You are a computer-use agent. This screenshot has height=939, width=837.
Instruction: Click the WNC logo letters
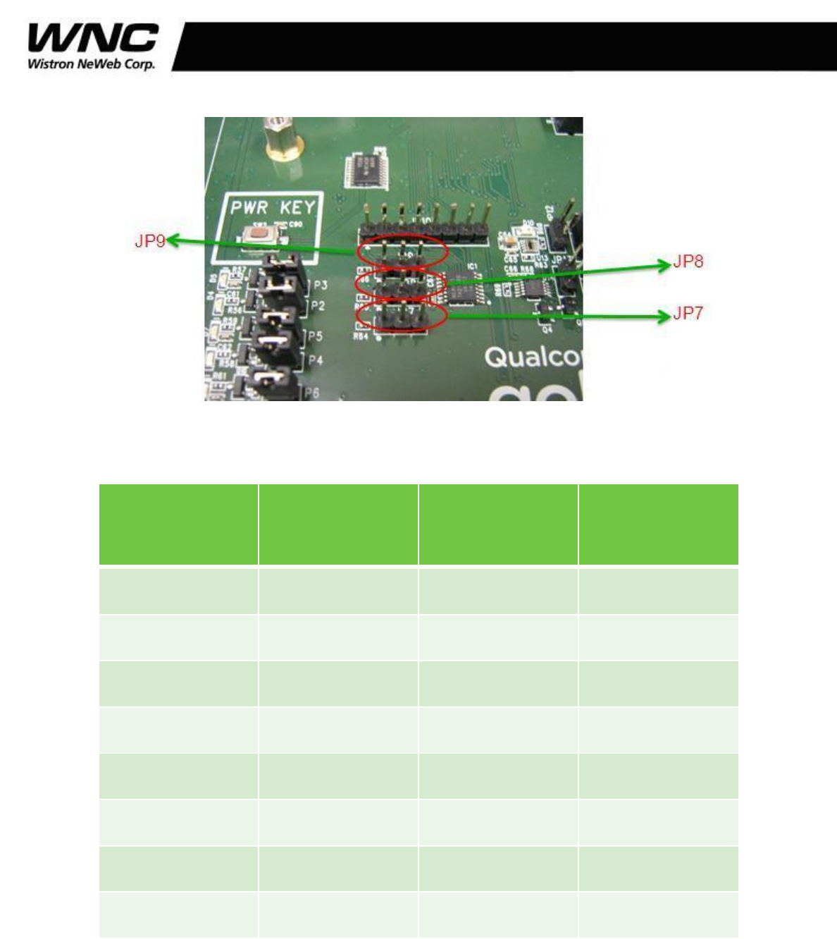point(92,38)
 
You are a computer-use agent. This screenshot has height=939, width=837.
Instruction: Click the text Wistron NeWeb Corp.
point(91,63)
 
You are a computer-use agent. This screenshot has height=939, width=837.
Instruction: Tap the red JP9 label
point(149,241)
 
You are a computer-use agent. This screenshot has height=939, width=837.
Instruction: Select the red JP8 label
point(688,262)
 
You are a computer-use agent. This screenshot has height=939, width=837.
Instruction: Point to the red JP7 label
point(688,314)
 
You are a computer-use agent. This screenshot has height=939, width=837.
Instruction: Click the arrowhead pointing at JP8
point(664,264)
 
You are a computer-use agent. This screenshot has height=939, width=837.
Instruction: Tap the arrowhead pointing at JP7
point(664,317)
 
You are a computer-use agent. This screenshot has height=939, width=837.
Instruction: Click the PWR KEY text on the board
point(273,207)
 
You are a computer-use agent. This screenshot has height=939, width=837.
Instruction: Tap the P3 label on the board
point(320,286)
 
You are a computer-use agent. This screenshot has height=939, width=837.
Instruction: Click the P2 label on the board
point(318,306)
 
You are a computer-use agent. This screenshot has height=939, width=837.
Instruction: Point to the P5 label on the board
point(315,337)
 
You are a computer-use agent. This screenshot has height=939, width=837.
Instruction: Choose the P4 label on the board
point(315,361)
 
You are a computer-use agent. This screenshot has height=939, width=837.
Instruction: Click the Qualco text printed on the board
point(533,357)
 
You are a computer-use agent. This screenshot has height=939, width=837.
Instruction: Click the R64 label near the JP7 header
point(361,337)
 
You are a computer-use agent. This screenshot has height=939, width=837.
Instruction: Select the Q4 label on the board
point(547,329)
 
